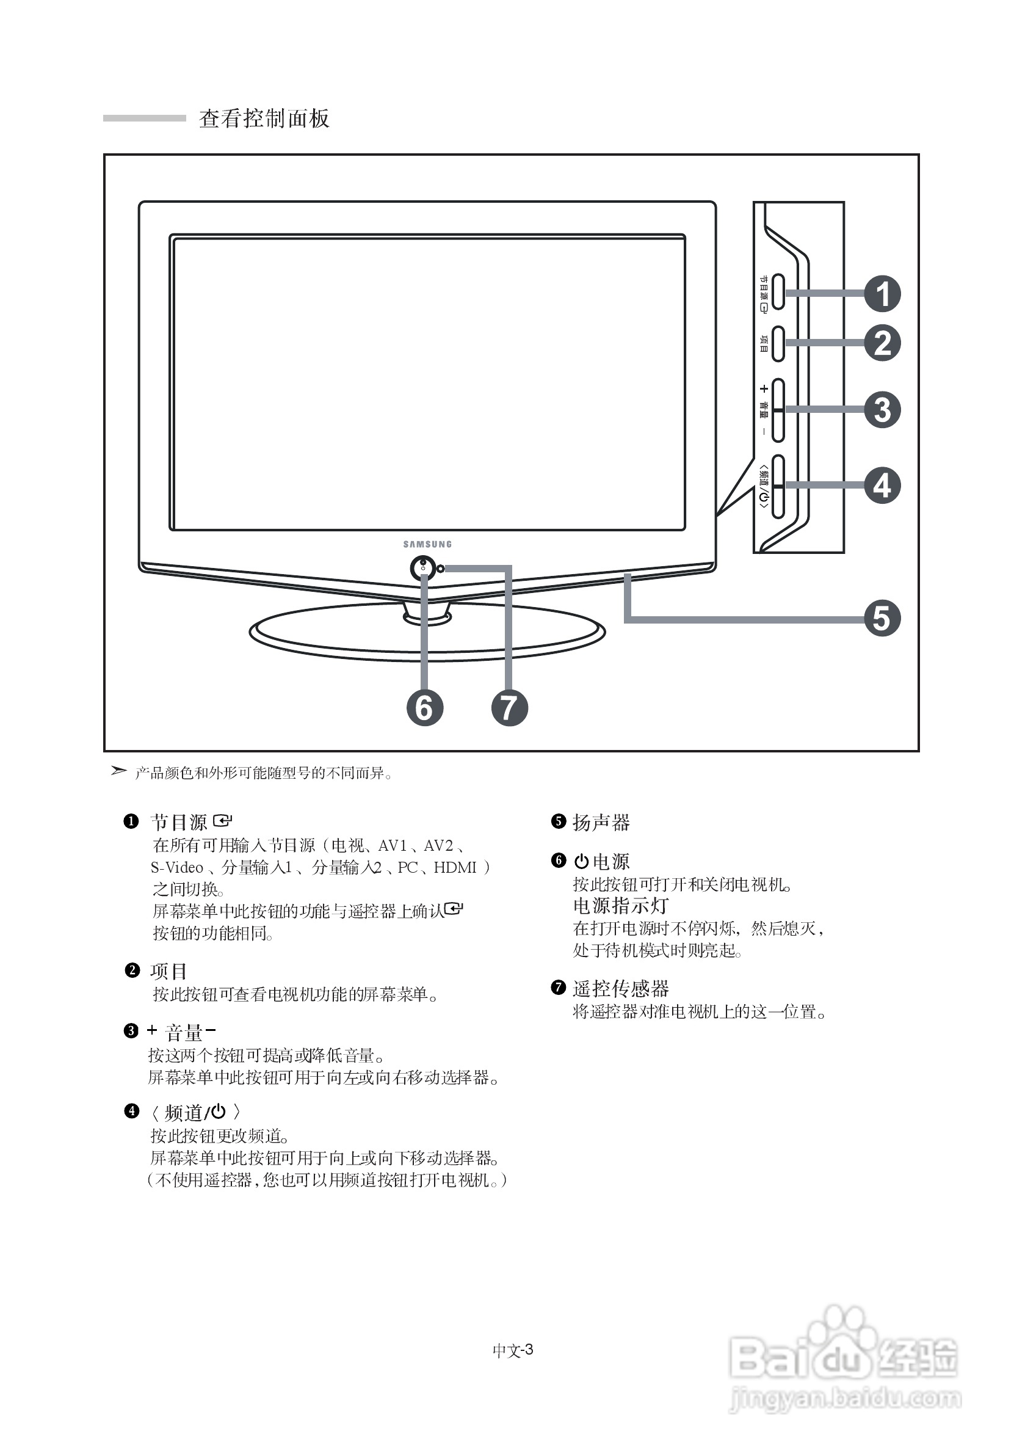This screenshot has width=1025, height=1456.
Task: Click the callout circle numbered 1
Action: [x=882, y=294]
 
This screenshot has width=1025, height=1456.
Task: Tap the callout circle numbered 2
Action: [x=882, y=343]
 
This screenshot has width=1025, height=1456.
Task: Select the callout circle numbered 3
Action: [x=882, y=410]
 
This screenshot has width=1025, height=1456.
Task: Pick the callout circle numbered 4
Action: [x=882, y=486]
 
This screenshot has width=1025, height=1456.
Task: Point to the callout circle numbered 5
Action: [x=882, y=618]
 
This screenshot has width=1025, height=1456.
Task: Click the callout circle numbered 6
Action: [x=425, y=708]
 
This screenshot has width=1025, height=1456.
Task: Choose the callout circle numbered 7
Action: [x=510, y=708]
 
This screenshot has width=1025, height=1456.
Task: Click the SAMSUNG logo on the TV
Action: [x=428, y=544]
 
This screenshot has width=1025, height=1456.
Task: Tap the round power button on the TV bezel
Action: [x=424, y=567]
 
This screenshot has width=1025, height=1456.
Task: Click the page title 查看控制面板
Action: [x=264, y=118]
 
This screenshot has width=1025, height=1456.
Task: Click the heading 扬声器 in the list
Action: [x=601, y=823]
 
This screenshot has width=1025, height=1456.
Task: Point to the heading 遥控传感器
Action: [x=621, y=989]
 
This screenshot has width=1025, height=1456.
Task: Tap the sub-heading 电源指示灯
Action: [x=621, y=906]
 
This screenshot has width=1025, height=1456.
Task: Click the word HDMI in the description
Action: [x=455, y=867]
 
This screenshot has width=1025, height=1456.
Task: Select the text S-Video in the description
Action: [x=177, y=867]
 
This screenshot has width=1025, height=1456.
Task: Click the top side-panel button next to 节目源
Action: [x=778, y=293]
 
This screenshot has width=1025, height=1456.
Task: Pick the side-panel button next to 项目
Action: [x=778, y=344]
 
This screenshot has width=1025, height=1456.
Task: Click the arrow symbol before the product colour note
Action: [x=118, y=771]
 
